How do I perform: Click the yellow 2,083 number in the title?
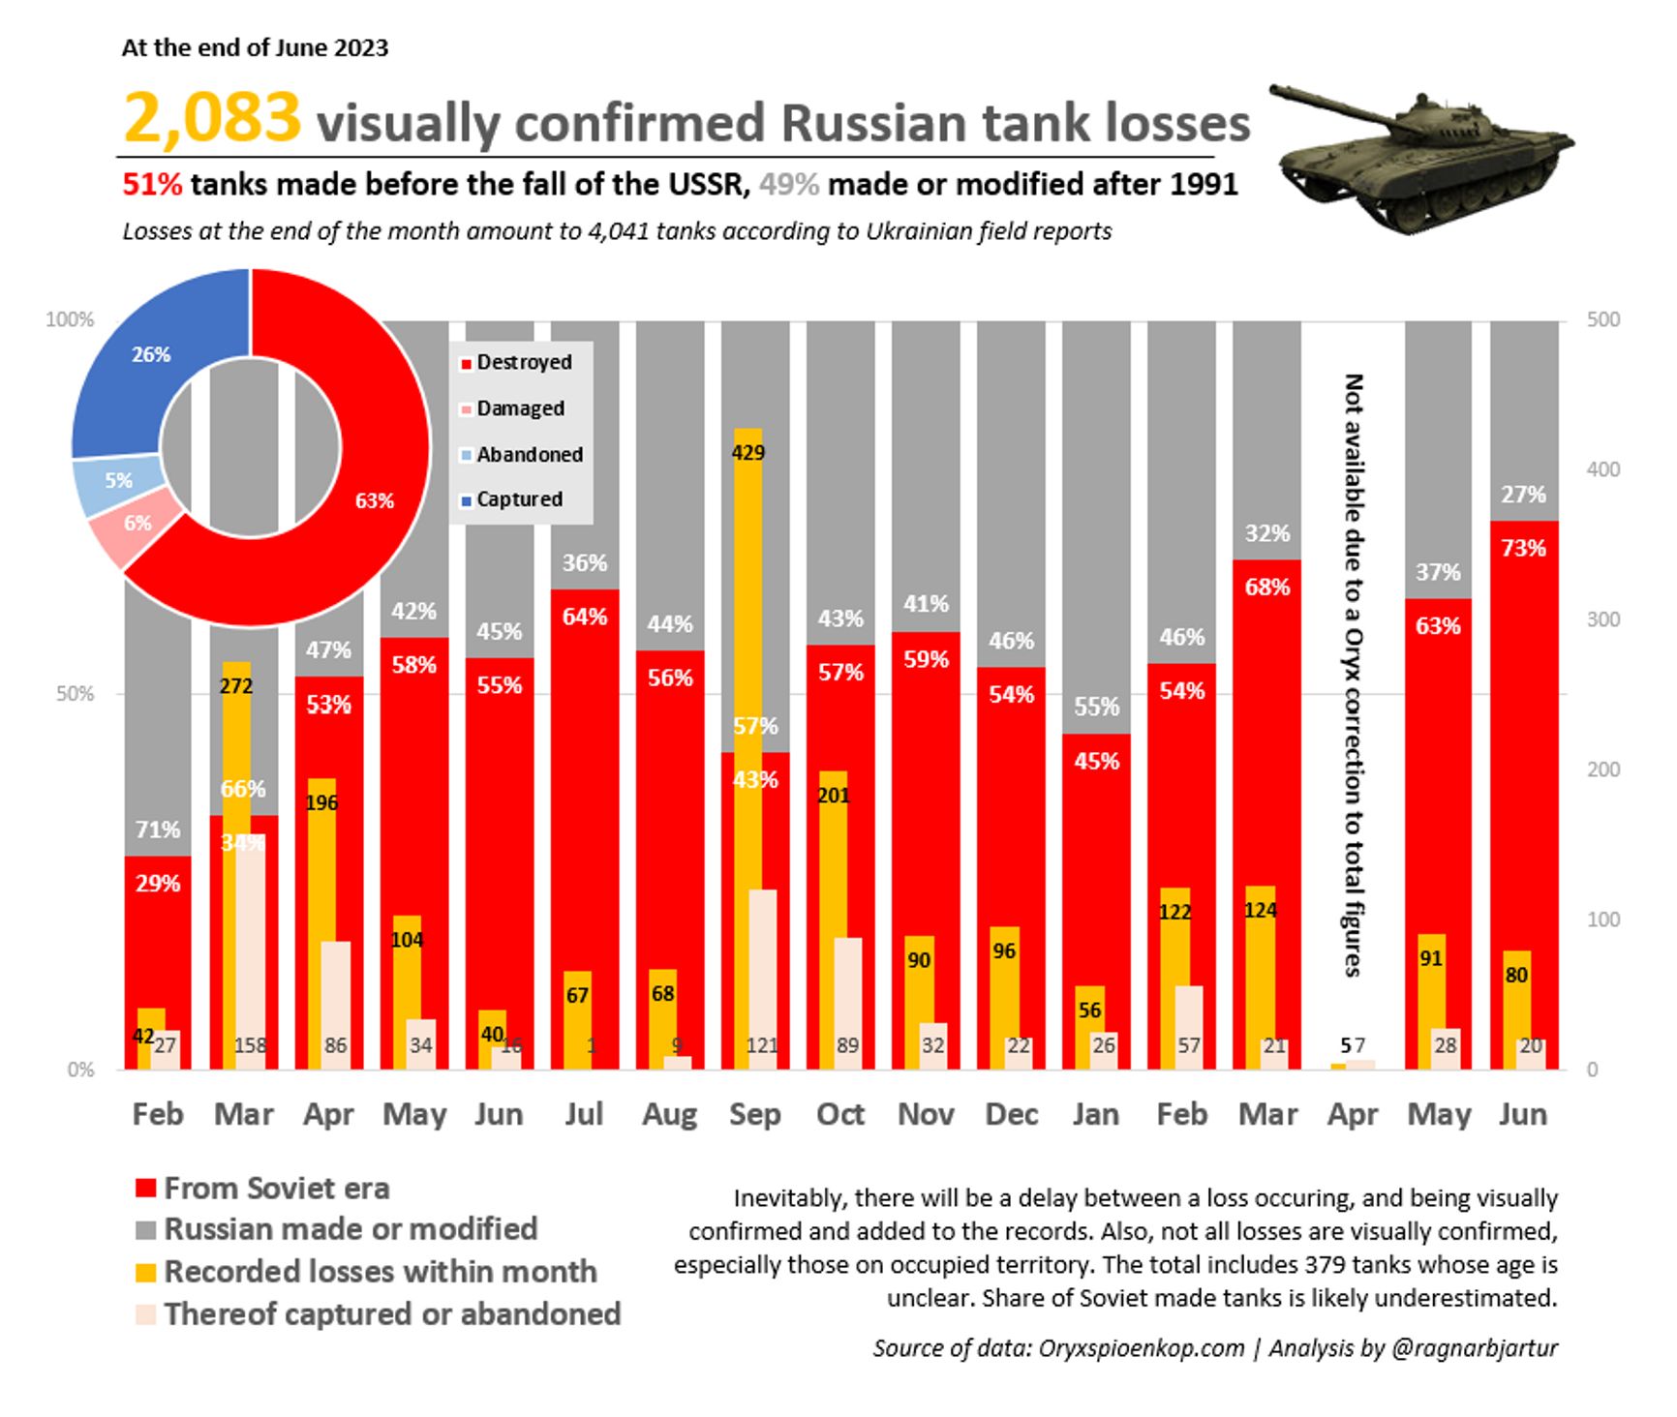212,118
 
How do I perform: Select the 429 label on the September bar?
747,452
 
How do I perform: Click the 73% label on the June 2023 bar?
1523,549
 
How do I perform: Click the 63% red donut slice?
374,500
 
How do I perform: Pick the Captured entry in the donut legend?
518,499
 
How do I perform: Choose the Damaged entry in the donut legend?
519,408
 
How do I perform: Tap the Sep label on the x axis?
754,1114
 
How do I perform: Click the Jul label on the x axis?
584,1114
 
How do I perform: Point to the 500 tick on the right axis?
1603,319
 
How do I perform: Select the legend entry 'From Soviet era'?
276,1188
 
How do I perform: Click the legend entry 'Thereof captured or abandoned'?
391,1313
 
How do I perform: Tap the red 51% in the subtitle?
152,184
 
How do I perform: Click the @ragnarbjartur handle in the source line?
1474,1348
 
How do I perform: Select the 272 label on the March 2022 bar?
236,686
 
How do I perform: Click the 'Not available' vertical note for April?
1354,675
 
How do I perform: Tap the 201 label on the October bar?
833,796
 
